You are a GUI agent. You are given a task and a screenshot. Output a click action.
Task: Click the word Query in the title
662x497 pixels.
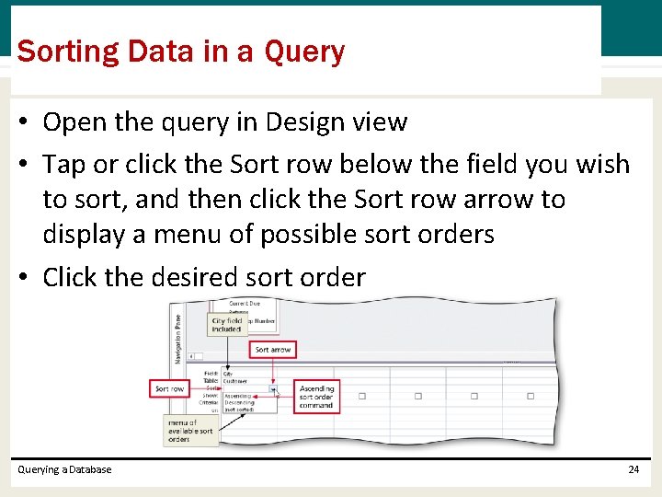304,52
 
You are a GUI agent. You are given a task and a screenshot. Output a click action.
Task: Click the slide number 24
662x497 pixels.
633,469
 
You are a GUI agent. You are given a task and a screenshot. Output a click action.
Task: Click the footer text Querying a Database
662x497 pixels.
64,469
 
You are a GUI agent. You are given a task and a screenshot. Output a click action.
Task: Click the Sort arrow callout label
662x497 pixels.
273,350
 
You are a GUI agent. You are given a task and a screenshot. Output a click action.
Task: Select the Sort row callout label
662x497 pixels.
169,389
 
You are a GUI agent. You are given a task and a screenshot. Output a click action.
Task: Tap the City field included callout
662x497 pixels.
226,325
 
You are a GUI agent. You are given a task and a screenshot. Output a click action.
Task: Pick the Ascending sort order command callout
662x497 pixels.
316,398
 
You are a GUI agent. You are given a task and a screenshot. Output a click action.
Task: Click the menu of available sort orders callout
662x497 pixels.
190,431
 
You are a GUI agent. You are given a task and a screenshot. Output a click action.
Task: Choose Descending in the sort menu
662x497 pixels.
241,402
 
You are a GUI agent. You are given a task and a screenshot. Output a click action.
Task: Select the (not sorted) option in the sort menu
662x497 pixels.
239,409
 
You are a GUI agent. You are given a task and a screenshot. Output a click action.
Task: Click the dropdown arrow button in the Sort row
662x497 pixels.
272,389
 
